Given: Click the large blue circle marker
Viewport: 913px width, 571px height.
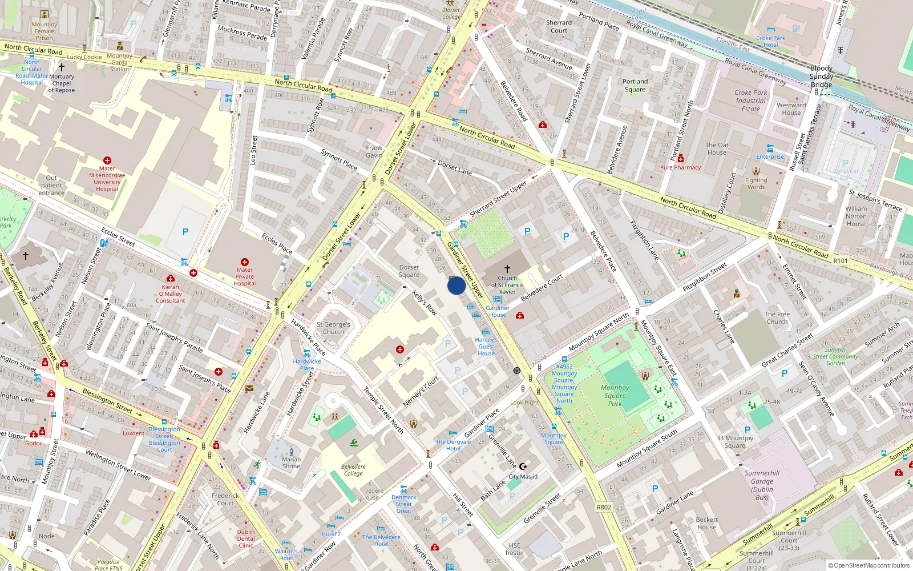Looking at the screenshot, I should pyautogui.click(x=457, y=285).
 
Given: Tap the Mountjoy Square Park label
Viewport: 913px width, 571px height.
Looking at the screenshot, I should pyautogui.click(x=615, y=395).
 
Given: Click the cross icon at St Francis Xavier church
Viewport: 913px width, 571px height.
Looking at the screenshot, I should pyautogui.click(x=507, y=268).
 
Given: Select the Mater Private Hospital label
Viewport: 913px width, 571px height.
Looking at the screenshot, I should pyautogui.click(x=244, y=276).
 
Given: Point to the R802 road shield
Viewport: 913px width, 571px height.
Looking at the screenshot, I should pyautogui.click(x=604, y=507).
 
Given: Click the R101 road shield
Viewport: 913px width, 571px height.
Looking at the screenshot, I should pyautogui.click(x=841, y=261).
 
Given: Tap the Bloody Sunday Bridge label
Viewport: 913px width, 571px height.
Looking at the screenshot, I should pyautogui.click(x=821, y=77).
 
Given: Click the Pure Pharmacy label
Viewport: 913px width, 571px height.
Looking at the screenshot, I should pyautogui.click(x=680, y=167).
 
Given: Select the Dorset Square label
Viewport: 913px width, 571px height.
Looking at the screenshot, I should pyautogui.click(x=409, y=271).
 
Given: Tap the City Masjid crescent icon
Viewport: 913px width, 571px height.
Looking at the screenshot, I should pyautogui.click(x=523, y=467).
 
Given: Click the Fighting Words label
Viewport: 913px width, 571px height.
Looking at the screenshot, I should pyautogui.click(x=756, y=183).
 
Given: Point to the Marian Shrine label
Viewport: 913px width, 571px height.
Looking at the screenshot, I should pyautogui.click(x=291, y=463).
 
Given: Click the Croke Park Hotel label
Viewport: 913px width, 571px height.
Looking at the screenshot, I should pyautogui.click(x=770, y=42).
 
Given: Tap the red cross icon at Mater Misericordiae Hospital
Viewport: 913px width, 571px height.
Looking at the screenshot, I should pyautogui.click(x=107, y=160).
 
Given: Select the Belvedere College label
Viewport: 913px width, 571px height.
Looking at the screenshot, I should pyautogui.click(x=353, y=470).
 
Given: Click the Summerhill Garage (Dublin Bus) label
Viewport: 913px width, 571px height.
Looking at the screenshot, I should pyautogui.click(x=762, y=485).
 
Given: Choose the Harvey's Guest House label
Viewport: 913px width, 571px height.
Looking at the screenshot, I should pyautogui.click(x=486, y=347).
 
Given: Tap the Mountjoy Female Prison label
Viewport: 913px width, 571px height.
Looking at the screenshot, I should pyautogui.click(x=45, y=31).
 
